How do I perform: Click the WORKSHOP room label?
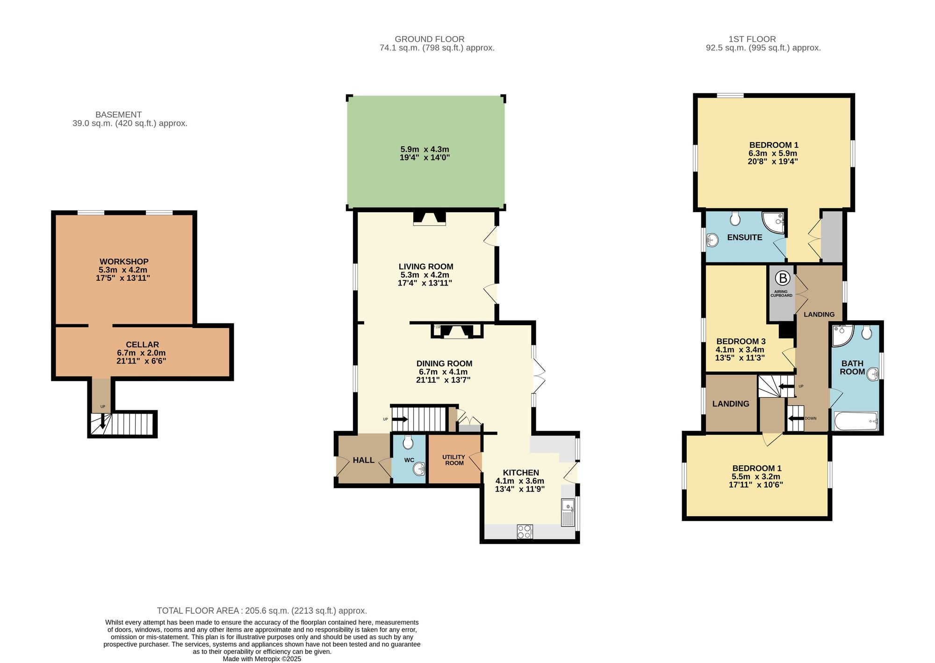click(124, 262)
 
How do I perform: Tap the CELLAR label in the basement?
click(142, 344)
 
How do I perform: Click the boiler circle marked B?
click(782, 278)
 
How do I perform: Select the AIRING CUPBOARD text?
click(781, 293)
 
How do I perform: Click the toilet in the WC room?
click(408, 442)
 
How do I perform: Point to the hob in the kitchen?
click(525, 532)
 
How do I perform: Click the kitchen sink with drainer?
click(568, 513)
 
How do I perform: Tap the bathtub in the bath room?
click(856, 421)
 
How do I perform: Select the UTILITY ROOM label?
click(454, 460)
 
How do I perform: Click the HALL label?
click(363, 460)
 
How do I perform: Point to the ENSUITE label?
click(744, 237)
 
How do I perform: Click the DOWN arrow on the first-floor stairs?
click(795, 418)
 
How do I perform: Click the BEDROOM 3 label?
click(741, 341)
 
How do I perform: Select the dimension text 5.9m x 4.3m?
click(424, 150)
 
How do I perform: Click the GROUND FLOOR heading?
click(429, 39)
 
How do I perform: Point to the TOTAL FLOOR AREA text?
click(262, 611)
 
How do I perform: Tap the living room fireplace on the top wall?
click(429, 219)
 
